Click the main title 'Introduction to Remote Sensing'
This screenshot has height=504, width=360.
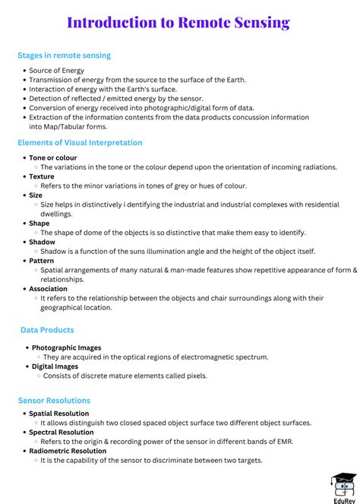click(x=178, y=23)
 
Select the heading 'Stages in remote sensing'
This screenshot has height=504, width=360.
click(x=65, y=55)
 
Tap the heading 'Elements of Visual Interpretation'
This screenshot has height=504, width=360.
click(x=80, y=143)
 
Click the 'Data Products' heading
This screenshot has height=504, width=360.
click(x=47, y=330)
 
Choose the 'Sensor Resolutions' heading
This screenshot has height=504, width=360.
click(x=54, y=401)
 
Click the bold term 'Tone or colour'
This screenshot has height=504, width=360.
click(x=53, y=157)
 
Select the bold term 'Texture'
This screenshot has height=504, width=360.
click(x=42, y=176)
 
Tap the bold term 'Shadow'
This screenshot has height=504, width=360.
click(x=42, y=242)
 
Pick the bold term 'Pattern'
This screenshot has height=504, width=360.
click(x=42, y=261)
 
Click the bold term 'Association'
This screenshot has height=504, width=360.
click(x=49, y=289)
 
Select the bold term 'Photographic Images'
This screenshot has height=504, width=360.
click(x=66, y=347)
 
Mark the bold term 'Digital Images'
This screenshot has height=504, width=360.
click(x=55, y=366)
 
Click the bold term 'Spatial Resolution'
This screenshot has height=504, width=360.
click(x=58, y=414)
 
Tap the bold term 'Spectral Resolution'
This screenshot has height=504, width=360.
click(x=61, y=433)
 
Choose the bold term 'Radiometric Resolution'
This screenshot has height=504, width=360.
click(x=68, y=451)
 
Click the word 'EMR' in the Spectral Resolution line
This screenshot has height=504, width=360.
click(x=283, y=442)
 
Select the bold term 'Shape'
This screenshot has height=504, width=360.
click(x=39, y=223)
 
